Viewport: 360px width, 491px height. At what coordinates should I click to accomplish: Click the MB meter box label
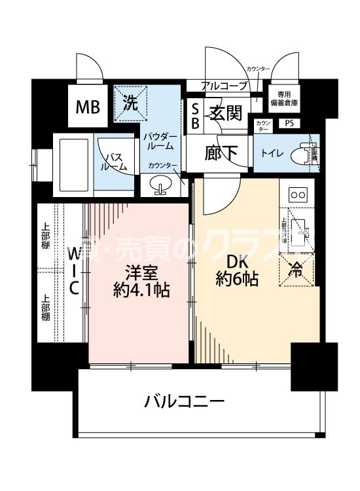click(86, 107)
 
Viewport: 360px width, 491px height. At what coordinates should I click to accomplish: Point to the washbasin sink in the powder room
click(161, 189)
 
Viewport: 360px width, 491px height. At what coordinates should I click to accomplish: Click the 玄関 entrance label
click(226, 112)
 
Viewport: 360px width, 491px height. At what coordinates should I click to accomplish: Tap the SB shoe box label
click(195, 115)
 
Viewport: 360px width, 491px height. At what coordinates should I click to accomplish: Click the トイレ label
click(272, 153)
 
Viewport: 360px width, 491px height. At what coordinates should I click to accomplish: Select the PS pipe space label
click(289, 123)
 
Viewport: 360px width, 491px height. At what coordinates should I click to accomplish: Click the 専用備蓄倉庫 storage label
click(287, 99)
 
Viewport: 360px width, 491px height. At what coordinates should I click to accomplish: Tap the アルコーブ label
click(224, 86)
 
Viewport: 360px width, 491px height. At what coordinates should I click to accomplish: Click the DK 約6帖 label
click(236, 270)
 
